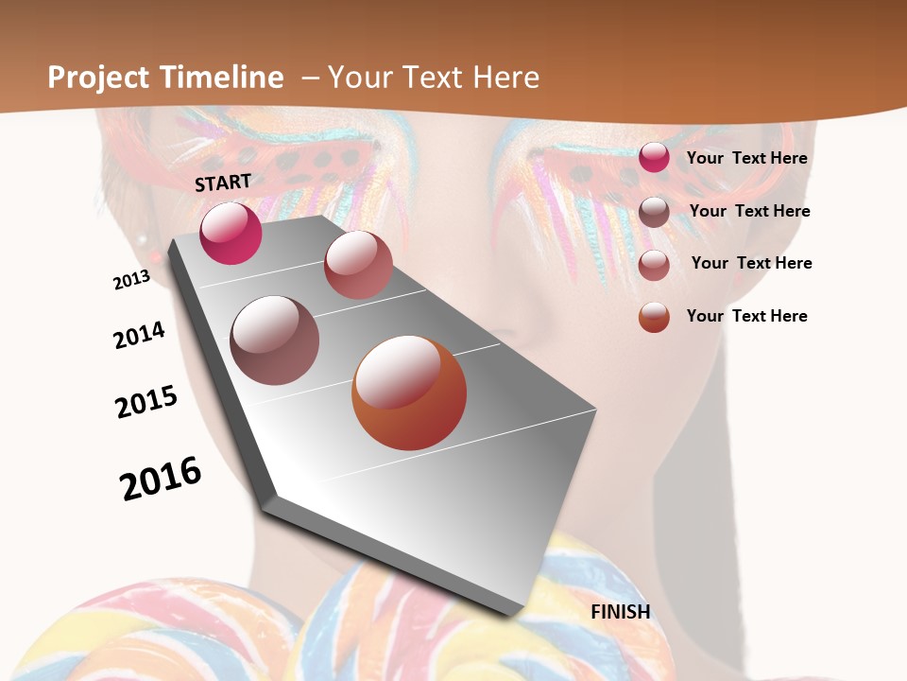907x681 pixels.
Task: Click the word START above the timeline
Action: [223, 183]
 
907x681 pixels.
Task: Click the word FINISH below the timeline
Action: [620, 612]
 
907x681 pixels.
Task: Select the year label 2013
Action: [131, 280]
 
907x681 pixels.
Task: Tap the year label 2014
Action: [139, 335]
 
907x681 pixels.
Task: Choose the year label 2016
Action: [161, 478]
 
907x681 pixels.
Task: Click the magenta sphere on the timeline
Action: [231, 234]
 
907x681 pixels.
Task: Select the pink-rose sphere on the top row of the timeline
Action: [358, 265]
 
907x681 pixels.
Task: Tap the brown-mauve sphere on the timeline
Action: [275, 340]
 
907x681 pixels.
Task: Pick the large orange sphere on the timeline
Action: [409, 393]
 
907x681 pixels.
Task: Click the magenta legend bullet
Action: [654, 158]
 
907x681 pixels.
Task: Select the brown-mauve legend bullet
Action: [654, 212]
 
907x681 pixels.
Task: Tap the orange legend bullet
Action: [654, 317]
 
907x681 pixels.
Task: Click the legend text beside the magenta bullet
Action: [746, 158]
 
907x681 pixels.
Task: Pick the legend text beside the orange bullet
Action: [746, 316]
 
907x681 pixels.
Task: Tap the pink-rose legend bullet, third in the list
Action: [654, 265]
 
